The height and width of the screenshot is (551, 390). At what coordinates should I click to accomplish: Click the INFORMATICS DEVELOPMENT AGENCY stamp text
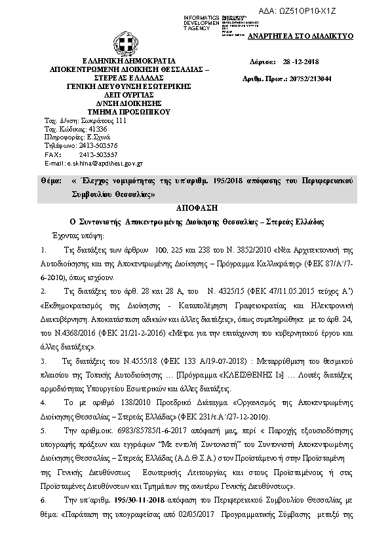(201, 22)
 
